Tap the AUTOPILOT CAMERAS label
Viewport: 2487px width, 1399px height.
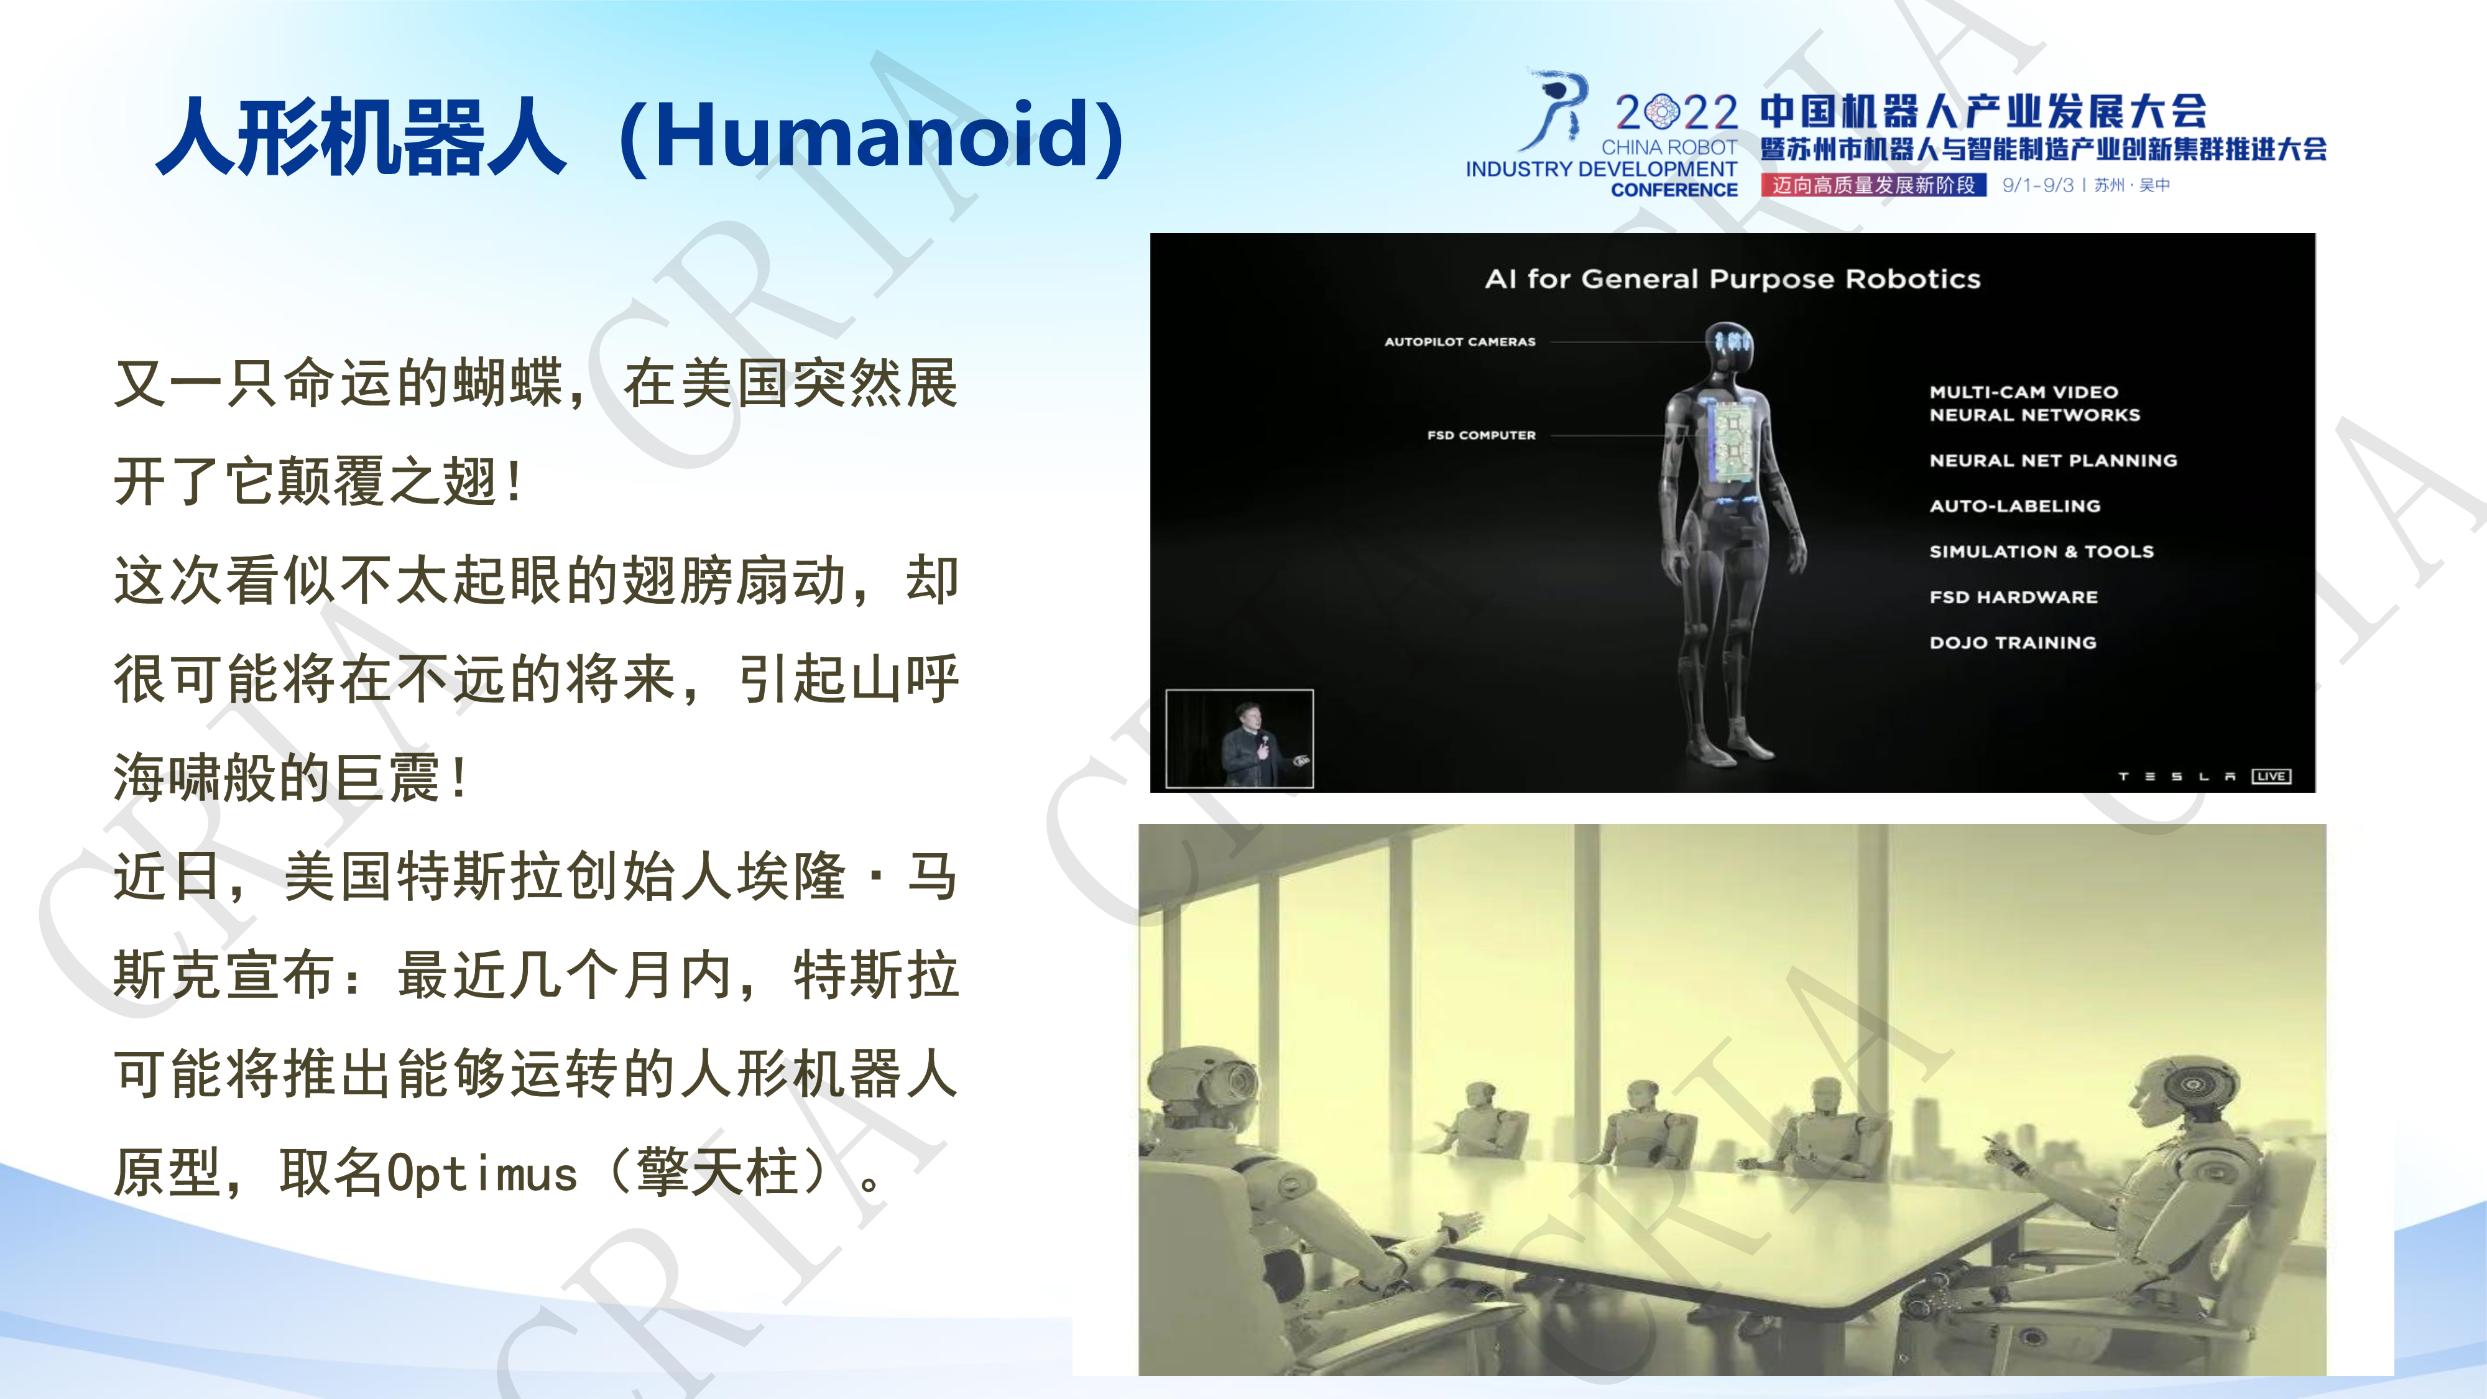pos(1460,342)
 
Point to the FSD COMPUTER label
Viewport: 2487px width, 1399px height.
pos(1481,435)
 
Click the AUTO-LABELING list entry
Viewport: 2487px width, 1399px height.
pos(2015,506)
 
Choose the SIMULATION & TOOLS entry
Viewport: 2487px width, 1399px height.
pos(2041,552)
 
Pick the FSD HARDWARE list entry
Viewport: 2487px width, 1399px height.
pos(2013,597)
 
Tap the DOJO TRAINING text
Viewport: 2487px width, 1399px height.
pos(2013,642)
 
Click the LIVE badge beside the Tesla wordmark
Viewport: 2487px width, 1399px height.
pos(2271,776)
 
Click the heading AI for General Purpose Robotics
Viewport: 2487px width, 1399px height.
pos(1732,279)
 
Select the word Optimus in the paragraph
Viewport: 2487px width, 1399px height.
pos(482,1174)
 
